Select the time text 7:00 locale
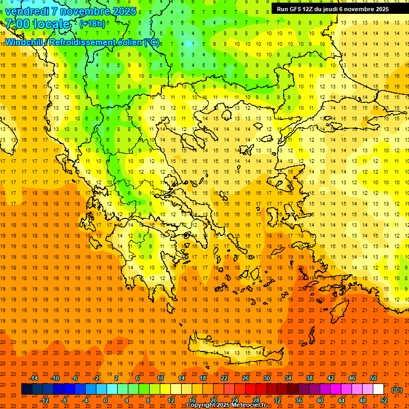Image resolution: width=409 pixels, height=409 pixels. (x=37, y=24)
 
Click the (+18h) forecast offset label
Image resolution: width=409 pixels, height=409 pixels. (x=92, y=24)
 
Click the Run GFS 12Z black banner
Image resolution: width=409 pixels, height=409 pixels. (x=332, y=9)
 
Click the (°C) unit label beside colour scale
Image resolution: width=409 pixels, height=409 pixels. (x=397, y=389)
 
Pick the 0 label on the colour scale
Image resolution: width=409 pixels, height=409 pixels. (x=105, y=400)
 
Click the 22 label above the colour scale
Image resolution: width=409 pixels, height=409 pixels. (x=224, y=378)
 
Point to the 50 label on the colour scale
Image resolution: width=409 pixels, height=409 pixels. (x=373, y=378)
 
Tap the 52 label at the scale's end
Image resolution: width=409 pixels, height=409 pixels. (x=384, y=400)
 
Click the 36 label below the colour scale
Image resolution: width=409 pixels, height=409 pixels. (x=298, y=400)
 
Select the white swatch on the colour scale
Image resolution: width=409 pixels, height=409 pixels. (x=379, y=389)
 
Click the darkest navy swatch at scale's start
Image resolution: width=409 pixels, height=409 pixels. (x=27, y=389)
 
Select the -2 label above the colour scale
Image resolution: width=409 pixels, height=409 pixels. (x=96, y=378)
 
